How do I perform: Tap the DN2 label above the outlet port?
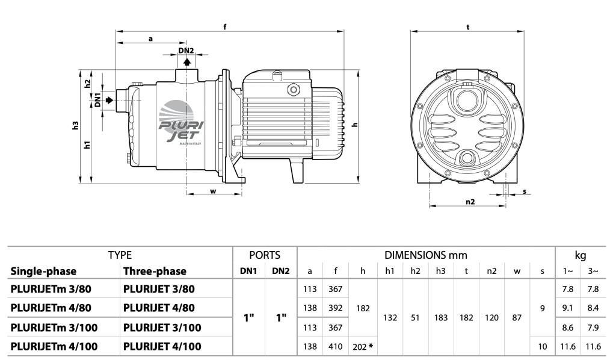point(186,51)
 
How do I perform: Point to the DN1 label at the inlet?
point(97,100)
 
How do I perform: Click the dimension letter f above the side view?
point(225,26)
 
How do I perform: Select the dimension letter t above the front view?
point(467,26)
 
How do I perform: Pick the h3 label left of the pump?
point(75,126)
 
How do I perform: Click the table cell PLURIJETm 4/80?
point(51,308)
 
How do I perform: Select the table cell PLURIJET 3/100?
point(162,327)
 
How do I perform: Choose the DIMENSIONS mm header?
point(426,255)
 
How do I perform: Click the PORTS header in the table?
point(265,255)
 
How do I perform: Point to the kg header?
point(581,255)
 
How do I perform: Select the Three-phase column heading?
point(155,271)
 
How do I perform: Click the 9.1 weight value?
point(567,308)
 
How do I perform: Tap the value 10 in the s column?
point(542,346)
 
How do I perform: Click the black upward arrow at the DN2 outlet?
point(187,61)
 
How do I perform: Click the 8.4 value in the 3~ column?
point(593,308)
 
